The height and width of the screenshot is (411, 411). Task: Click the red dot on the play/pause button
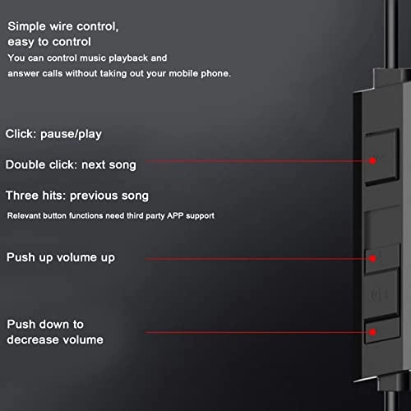(x=372, y=160)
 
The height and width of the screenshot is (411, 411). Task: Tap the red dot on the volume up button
(x=372, y=258)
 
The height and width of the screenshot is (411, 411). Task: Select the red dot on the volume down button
(x=372, y=332)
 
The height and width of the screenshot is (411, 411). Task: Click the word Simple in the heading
(x=26, y=26)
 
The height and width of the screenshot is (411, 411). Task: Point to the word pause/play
(x=71, y=134)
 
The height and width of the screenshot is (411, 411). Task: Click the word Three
(x=22, y=196)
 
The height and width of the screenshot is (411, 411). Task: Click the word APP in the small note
(x=175, y=215)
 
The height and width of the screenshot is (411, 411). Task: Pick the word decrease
(x=31, y=339)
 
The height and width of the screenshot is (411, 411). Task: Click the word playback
(x=128, y=58)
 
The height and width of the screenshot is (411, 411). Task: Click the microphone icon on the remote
(x=379, y=294)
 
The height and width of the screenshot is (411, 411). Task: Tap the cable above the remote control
(x=390, y=35)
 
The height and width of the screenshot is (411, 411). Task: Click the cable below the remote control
(x=391, y=400)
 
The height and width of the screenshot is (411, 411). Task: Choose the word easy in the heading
(x=21, y=42)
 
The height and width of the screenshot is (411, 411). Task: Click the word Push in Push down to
(x=21, y=324)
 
